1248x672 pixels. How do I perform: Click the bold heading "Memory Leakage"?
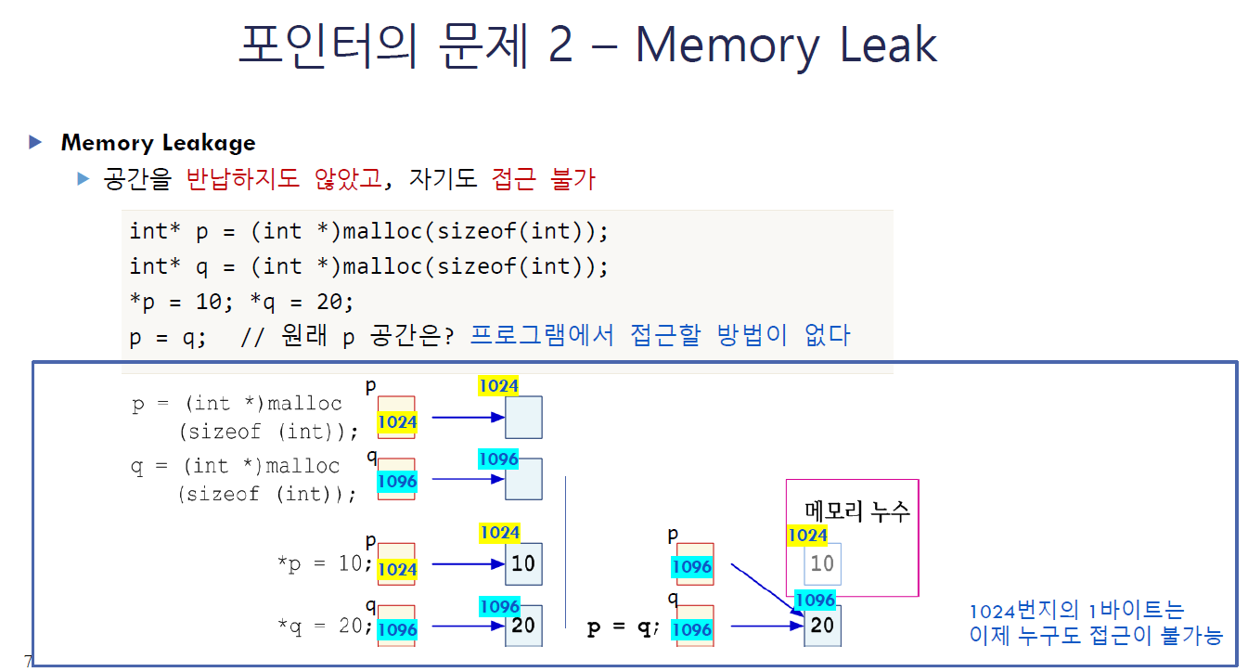[x=158, y=143]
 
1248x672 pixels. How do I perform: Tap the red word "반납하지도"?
[x=244, y=178]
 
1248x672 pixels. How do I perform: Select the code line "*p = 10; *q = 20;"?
[x=242, y=302]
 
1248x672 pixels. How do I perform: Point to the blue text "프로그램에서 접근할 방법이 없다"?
[x=660, y=335]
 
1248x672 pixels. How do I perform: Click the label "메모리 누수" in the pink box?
[x=857, y=510]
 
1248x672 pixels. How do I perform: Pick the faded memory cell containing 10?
[x=822, y=563]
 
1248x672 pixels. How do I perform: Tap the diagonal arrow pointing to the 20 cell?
[x=766, y=588]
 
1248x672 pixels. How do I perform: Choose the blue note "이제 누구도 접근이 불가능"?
[x=1095, y=636]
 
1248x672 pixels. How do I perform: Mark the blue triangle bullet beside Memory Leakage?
[x=36, y=142]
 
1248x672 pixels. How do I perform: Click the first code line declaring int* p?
[x=368, y=231]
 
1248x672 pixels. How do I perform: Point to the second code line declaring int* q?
[x=368, y=267]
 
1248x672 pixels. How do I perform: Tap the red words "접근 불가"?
[x=543, y=178]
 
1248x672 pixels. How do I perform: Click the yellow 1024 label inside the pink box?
[x=807, y=536]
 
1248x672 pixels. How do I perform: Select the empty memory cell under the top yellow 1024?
[x=523, y=417]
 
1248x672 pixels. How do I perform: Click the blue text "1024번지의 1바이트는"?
[x=1076, y=611]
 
